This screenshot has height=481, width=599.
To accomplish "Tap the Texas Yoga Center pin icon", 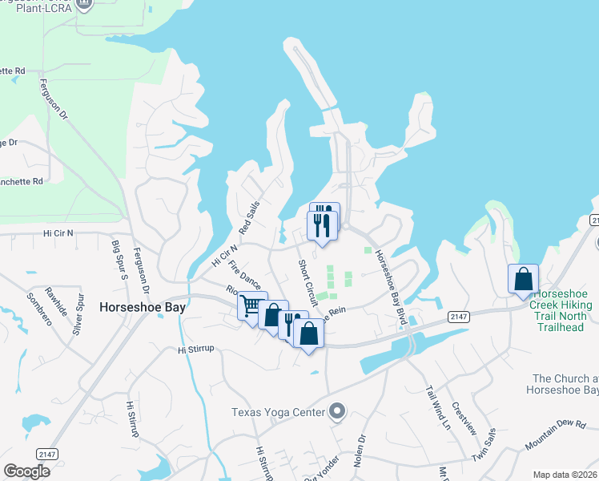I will [337, 412].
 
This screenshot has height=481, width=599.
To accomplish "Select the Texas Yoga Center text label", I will [278, 412].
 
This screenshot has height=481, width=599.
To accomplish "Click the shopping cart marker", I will [251, 306].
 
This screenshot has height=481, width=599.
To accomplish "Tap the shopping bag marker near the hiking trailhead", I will [523, 280].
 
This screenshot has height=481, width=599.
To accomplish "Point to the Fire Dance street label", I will [245, 273].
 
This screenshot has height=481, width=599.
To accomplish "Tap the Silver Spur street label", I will [79, 312].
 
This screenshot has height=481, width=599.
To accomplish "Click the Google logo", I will [26, 471].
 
